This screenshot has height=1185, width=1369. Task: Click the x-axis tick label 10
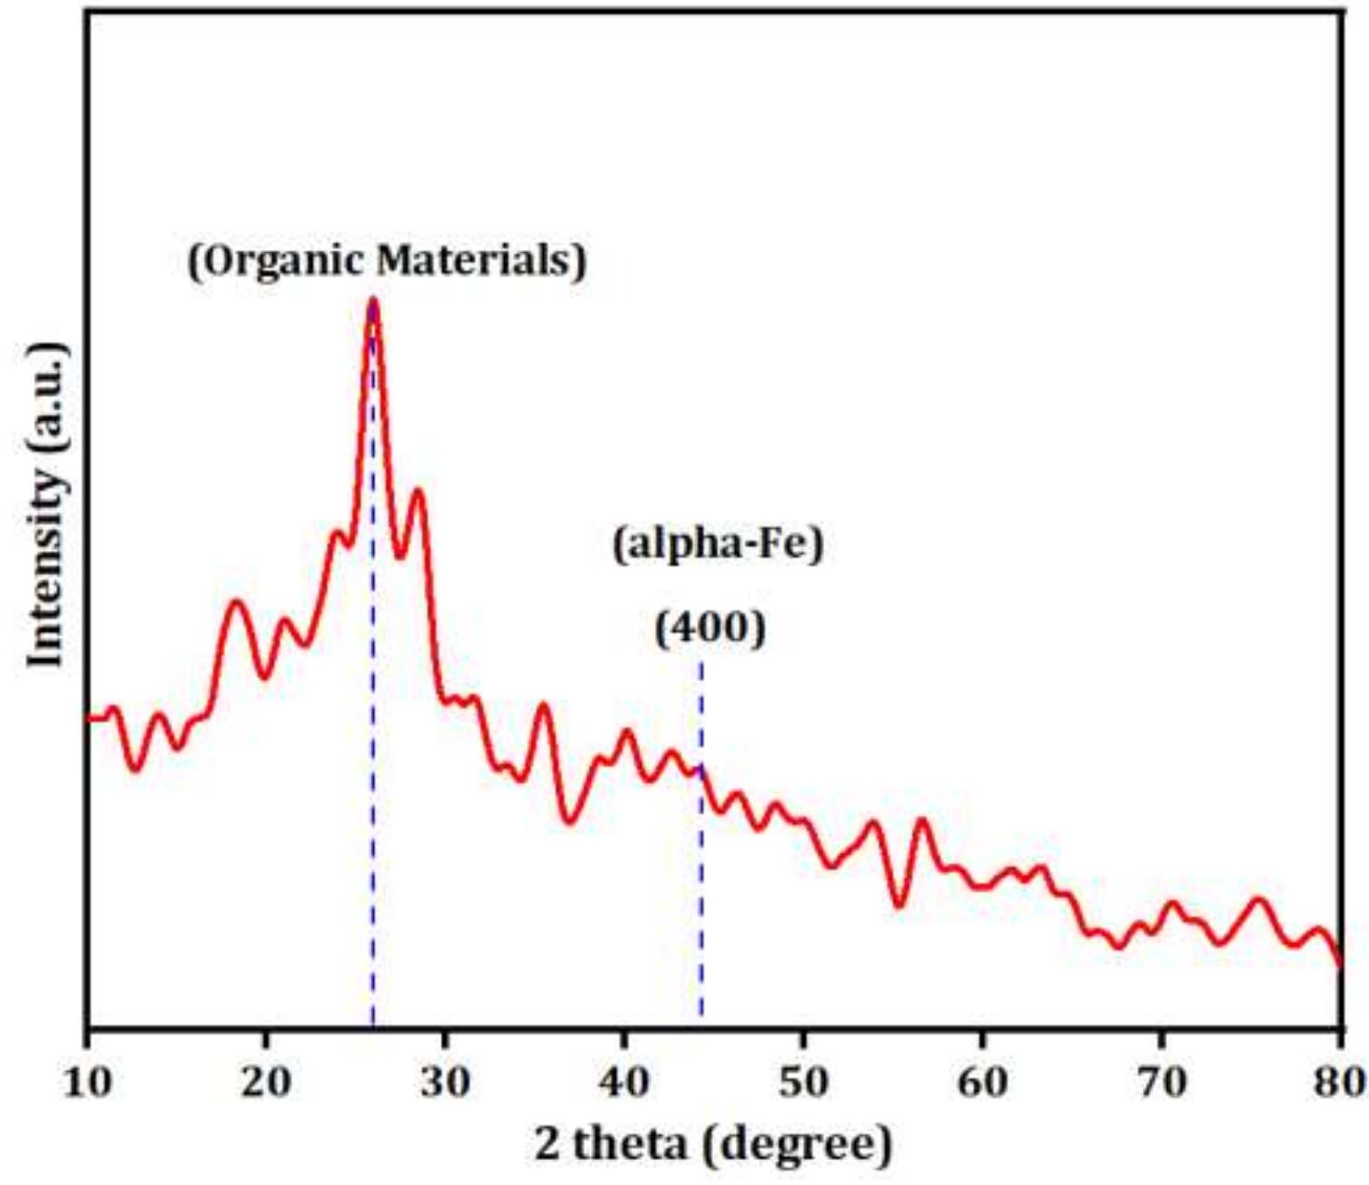click(x=87, y=1082)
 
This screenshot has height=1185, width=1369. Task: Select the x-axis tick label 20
click(x=266, y=1082)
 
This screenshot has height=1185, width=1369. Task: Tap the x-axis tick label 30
click(x=445, y=1082)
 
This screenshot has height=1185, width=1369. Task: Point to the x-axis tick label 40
click(x=624, y=1082)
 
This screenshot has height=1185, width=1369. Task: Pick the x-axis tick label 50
click(x=803, y=1082)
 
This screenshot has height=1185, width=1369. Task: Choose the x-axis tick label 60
click(x=982, y=1082)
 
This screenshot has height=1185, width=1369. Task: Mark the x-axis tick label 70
click(x=1162, y=1082)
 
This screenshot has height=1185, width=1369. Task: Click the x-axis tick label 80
click(x=1341, y=1082)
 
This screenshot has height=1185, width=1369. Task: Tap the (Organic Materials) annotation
click(x=387, y=261)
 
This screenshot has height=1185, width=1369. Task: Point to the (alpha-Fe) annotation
click(x=717, y=543)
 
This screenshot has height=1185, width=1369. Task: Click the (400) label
click(x=710, y=629)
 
